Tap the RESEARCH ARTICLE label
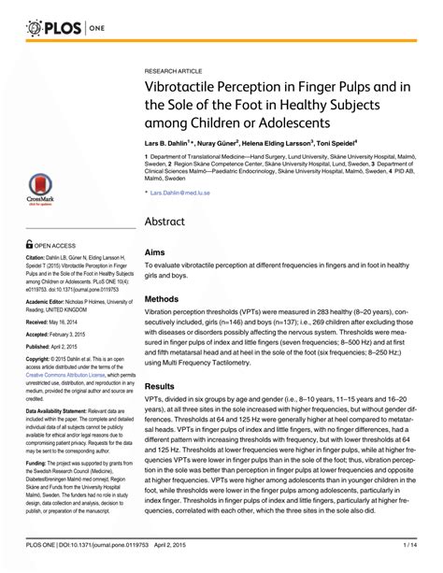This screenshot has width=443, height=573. [174, 72]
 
